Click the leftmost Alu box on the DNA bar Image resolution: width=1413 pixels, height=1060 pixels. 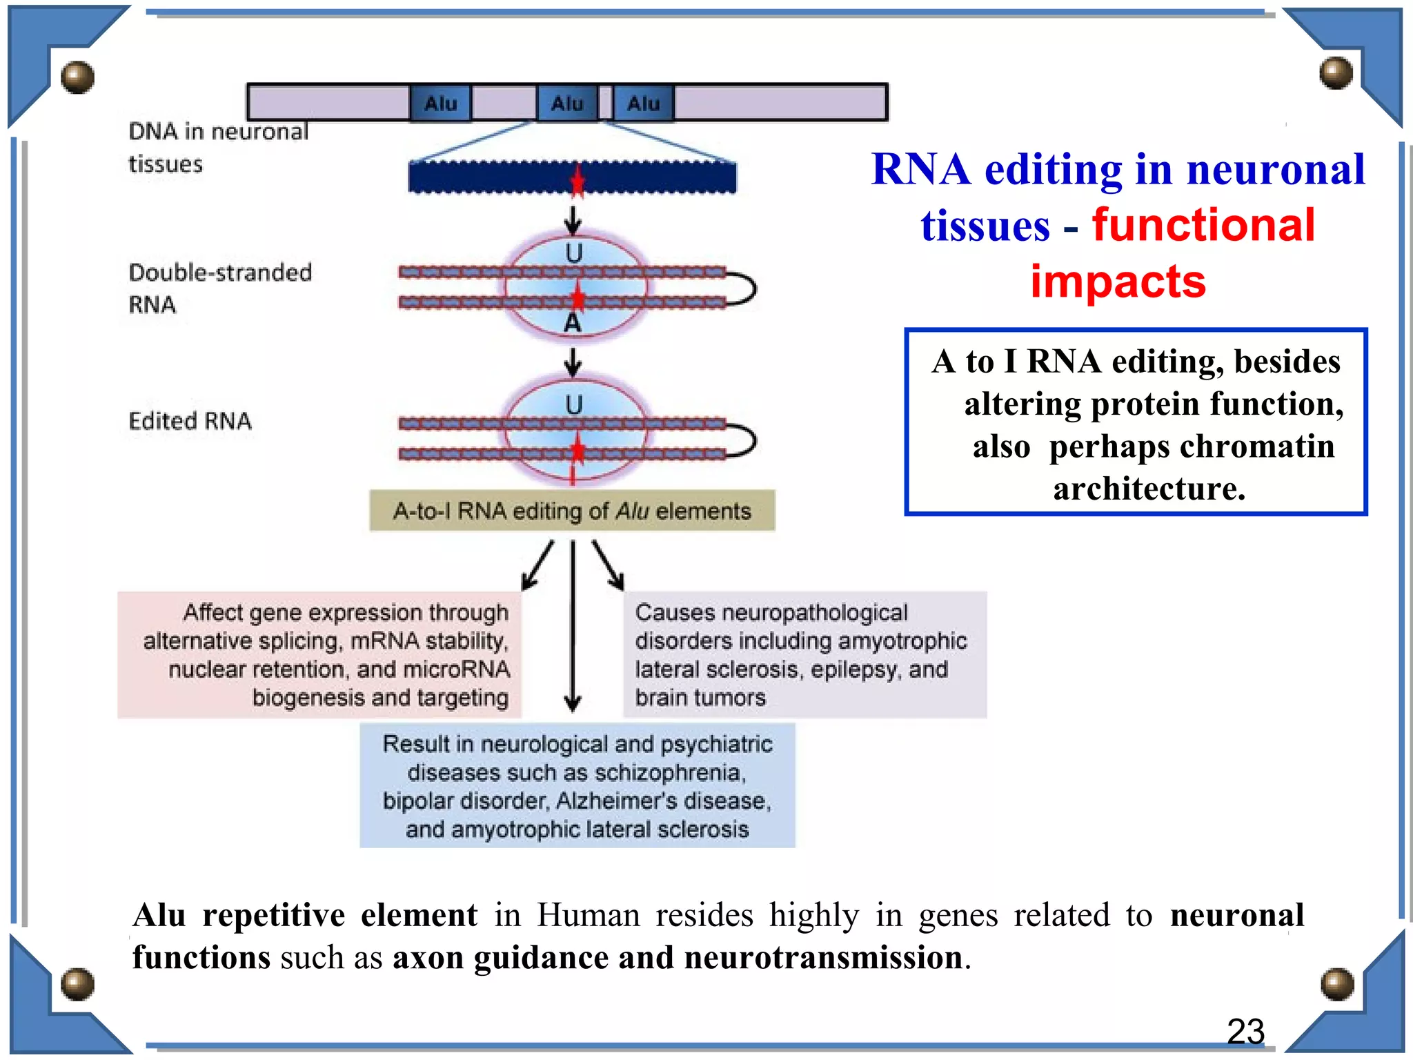pyautogui.click(x=440, y=104)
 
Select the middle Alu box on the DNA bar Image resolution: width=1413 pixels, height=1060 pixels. pyautogui.click(x=567, y=104)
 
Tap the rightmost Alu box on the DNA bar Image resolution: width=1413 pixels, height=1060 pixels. pyautogui.click(x=643, y=104)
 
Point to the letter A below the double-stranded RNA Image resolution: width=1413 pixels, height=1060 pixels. pyautogui.click(x=573, y=323)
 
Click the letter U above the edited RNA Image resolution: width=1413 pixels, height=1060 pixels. pyautogui.click(x=574, y=405)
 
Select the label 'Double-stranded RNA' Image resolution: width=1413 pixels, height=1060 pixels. pyautogui.click(x=219, y=288)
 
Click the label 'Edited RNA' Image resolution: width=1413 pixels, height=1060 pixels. pyautogui.click(x=190, y=421)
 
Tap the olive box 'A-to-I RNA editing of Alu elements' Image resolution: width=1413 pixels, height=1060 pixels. pyautogui.click(x=572, y=511)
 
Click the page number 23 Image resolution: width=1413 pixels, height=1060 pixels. pyautogui.click(x=1245, y=1032)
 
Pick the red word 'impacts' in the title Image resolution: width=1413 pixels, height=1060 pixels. pyautogui.click(x=1118, y=282)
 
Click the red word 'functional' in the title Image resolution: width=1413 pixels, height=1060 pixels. pyautogui.click(x=1203, y=226)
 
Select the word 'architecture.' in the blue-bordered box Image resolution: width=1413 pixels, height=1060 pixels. pyautogui.click(x=1149, y=489)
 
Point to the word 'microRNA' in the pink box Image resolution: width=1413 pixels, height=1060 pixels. pyautogui.click(x=456, y=669)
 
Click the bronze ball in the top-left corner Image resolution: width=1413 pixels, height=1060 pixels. pyautogui.click(x=77, y=77)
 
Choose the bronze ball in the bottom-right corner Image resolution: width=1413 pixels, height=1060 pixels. pyautogui.click(x=1336, y=984)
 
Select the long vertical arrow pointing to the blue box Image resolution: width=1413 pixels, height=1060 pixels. pyautogui.click(x=573, y=625)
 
